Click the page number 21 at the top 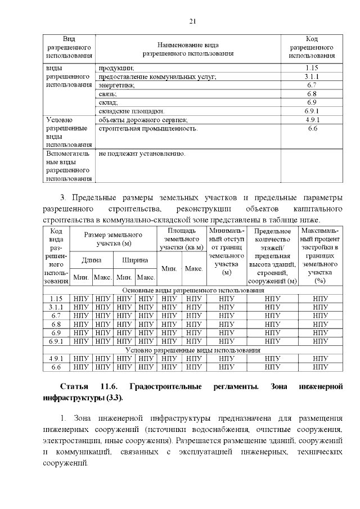192,21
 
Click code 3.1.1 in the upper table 312,76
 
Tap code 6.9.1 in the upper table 312,111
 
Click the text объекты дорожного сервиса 143,120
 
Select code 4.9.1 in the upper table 312,120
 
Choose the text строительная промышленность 148,129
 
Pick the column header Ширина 135,260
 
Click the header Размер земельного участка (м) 113,238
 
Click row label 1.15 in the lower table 55,299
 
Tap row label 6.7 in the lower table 55,316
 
